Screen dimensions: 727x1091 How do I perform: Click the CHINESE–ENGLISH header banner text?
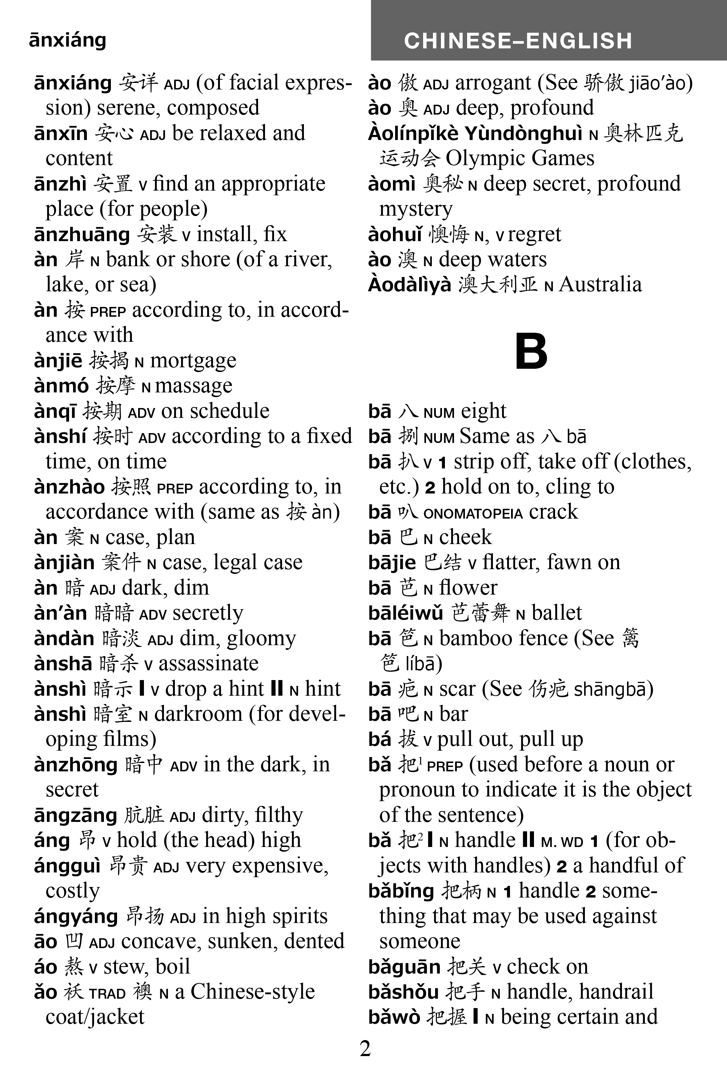pyautogui.click(x=518, y=41)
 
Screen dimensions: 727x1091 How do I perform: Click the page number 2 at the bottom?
pyautogui.click(x=365, y=1049)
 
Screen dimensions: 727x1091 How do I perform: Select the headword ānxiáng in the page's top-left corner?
pyautogui.click(x=68, y=40)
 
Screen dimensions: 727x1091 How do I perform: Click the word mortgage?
pyautogui.click(x=193, y=361)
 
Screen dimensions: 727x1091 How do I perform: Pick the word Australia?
pyautogui.click(x=601, y=285)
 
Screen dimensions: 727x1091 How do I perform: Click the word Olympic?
pyautogui.click(x=485, y=159)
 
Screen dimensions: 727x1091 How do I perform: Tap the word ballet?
pyautogui.click(x=557, y=613)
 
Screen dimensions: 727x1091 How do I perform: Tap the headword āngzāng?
pyautogui.click(x=76, y=815)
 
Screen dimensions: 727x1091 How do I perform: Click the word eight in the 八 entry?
pyautogui.click(x=483, y=411)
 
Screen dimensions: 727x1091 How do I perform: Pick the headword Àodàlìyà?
pyautogui.click(x=409, y=285)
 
